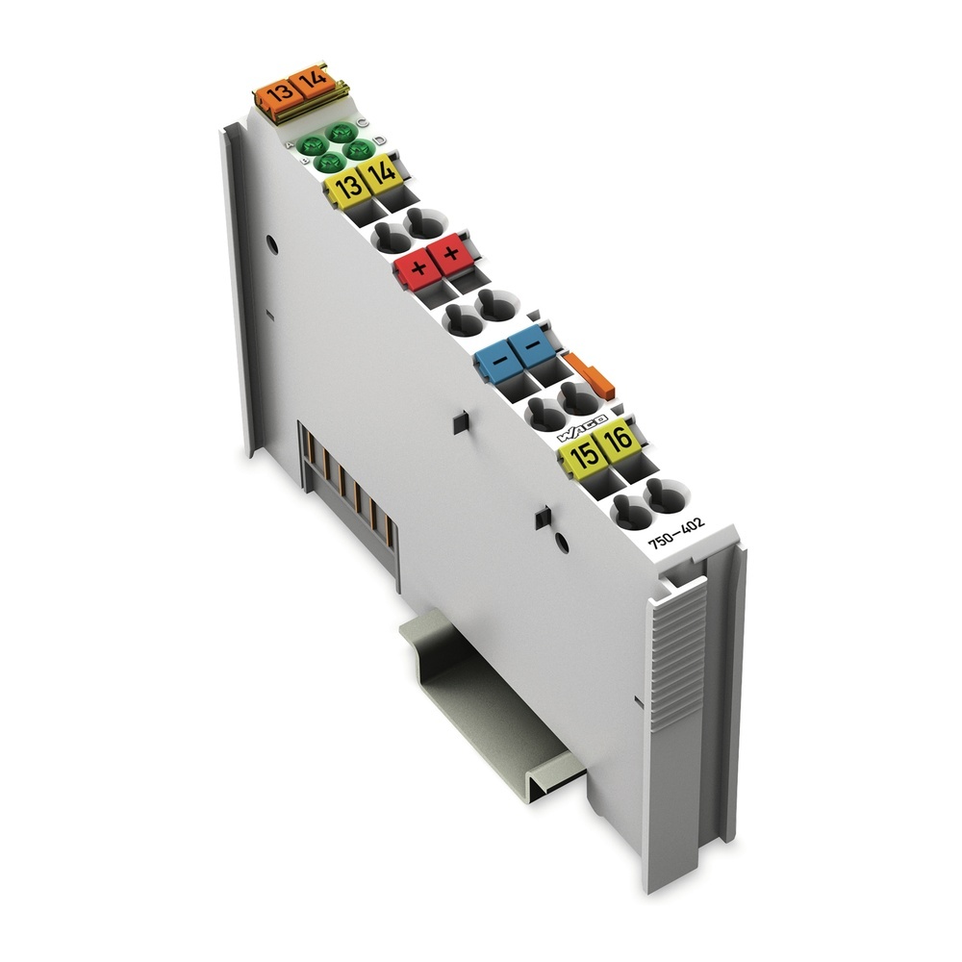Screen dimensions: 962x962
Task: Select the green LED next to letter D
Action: [x=361, y=149]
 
